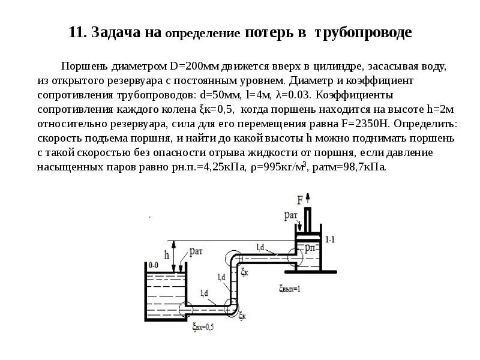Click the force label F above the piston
point(299,199)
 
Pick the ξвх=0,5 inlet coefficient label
point(203,327)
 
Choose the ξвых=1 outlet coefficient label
point(290,288)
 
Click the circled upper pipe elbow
point(234,260)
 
